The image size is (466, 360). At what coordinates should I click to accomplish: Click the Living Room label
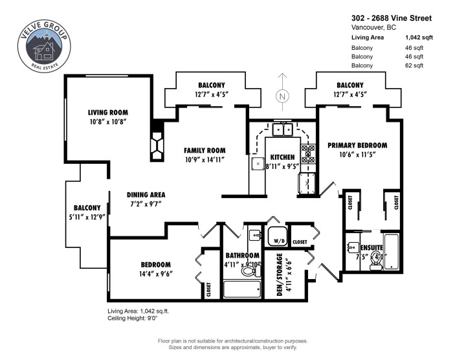107,112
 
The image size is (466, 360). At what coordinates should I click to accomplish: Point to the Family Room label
205,150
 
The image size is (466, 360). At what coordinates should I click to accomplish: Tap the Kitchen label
282,157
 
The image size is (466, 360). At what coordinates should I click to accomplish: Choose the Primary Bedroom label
357,145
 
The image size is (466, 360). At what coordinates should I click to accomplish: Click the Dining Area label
146,194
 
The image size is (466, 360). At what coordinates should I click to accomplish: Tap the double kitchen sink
282,130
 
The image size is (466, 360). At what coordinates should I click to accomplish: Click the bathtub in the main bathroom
241,288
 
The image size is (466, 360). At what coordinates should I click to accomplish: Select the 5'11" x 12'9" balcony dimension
87,217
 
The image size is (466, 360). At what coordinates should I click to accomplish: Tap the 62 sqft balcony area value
414,65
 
